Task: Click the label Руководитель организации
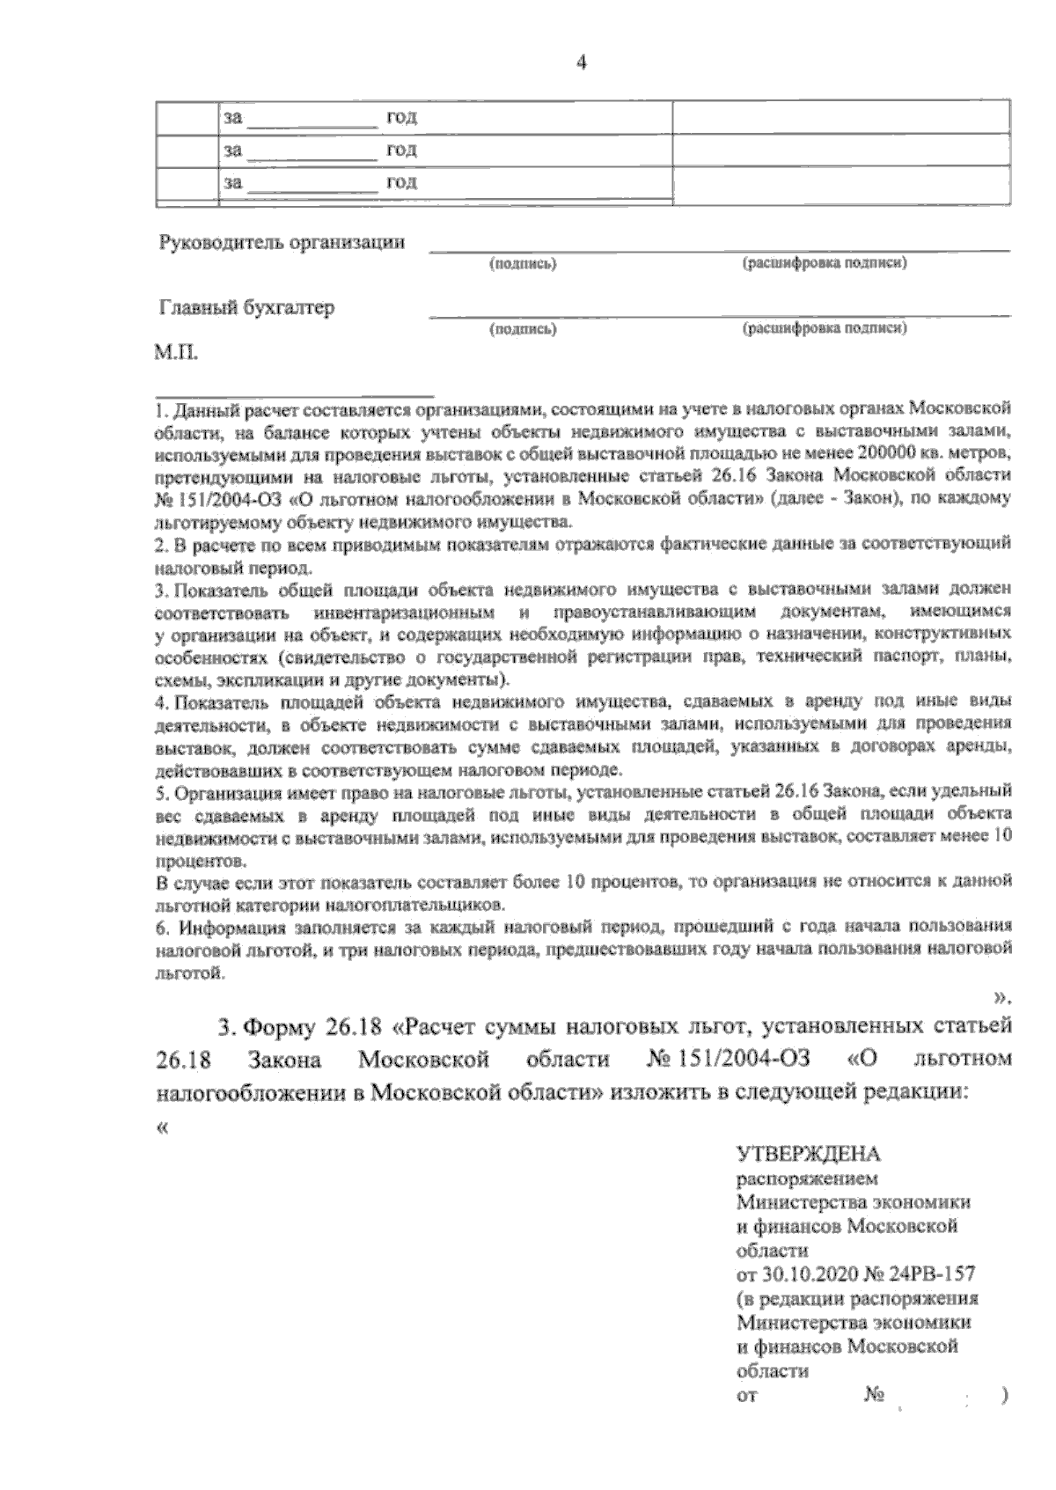(x=282, y=242)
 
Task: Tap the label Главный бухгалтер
(x=247, y=308)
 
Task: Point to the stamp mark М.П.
(x=177, y=356)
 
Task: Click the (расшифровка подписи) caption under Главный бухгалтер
(x=825, y=328)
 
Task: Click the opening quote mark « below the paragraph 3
(x=163, y=1129)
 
